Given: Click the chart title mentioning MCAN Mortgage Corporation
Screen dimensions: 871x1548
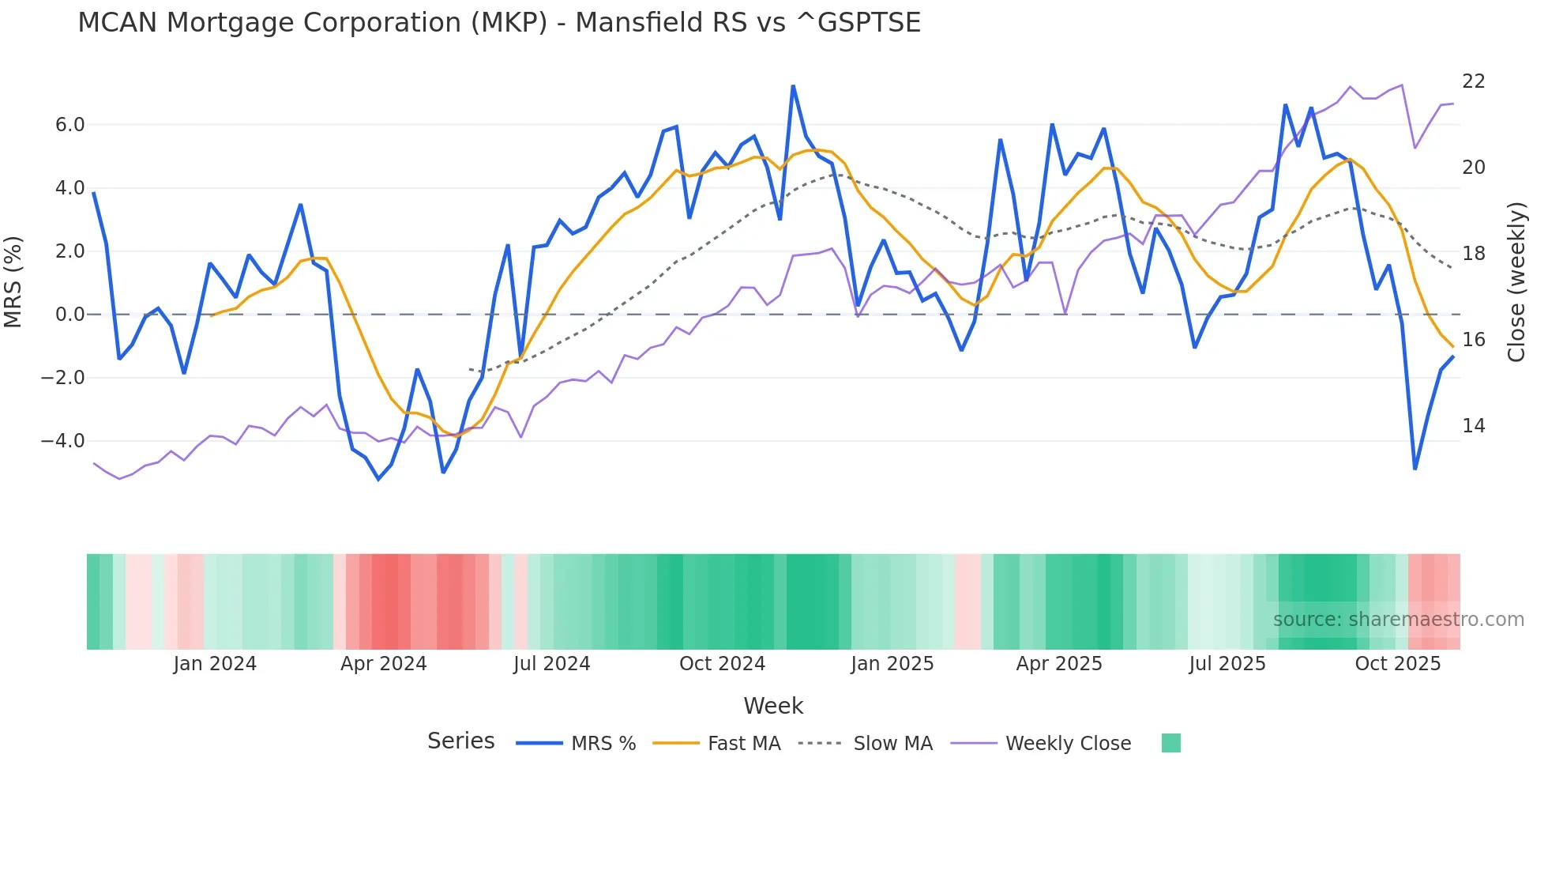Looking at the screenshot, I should [x=499, y=23].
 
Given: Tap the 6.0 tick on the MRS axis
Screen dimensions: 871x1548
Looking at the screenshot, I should [x=70, y=125].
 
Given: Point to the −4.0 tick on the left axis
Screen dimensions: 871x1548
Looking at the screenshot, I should [x=62, y=441].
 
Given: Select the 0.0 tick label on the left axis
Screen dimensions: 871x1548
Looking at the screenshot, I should [x=70, y=315].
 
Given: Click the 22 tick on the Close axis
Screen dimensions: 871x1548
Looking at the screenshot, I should [x=1474, y=81].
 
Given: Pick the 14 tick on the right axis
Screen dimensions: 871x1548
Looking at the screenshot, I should [x=1474, y=426].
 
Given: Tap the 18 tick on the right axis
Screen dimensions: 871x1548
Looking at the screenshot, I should [x=1474, y=254].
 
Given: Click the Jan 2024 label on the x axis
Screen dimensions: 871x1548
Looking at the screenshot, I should [x=215, y=664].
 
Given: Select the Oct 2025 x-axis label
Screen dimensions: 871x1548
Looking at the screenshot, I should [x=1397, y=664].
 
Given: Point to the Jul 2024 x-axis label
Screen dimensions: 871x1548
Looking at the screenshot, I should [x=551, y=664].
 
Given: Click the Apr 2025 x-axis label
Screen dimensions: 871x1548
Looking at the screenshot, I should [x=1058, y=664].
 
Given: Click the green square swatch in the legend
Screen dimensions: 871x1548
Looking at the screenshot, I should [x=1170, y=743].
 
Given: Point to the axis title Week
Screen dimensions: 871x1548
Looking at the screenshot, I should [x=773, y=706].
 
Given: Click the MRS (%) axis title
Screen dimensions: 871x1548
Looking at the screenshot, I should [x=13, y=282].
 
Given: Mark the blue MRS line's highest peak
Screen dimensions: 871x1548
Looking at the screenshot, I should [x=793, y=86].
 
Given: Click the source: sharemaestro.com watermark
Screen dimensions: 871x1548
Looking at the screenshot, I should [x=1398, y=620].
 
